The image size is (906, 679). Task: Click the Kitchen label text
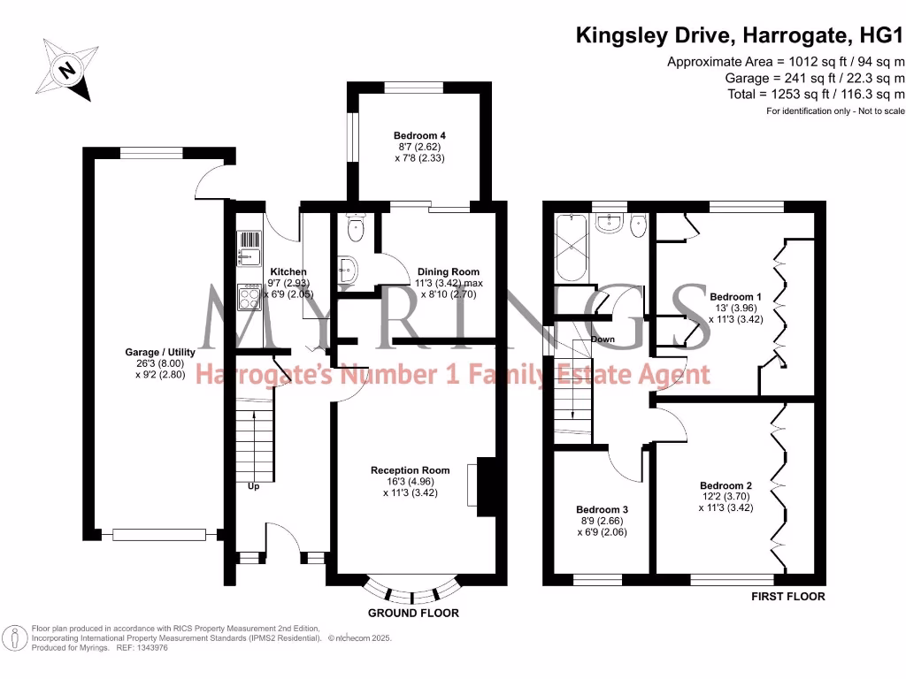[288, 271]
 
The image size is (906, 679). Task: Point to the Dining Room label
[448, 271]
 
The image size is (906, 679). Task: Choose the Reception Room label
[410, 470]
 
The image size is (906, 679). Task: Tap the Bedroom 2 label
[726, 485]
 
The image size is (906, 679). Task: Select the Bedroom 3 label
[602, 510]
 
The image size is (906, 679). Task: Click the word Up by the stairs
[253, 485]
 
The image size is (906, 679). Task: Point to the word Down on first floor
[603, 339]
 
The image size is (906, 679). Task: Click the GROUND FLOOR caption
[413, 613]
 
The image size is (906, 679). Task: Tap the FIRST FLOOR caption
[787, 597]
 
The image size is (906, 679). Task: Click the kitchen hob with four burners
[248, 298]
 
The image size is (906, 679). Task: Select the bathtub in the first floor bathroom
[569, 247]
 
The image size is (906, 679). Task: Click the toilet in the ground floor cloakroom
[356, 230]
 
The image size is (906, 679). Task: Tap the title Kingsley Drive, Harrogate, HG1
[740, 36]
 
